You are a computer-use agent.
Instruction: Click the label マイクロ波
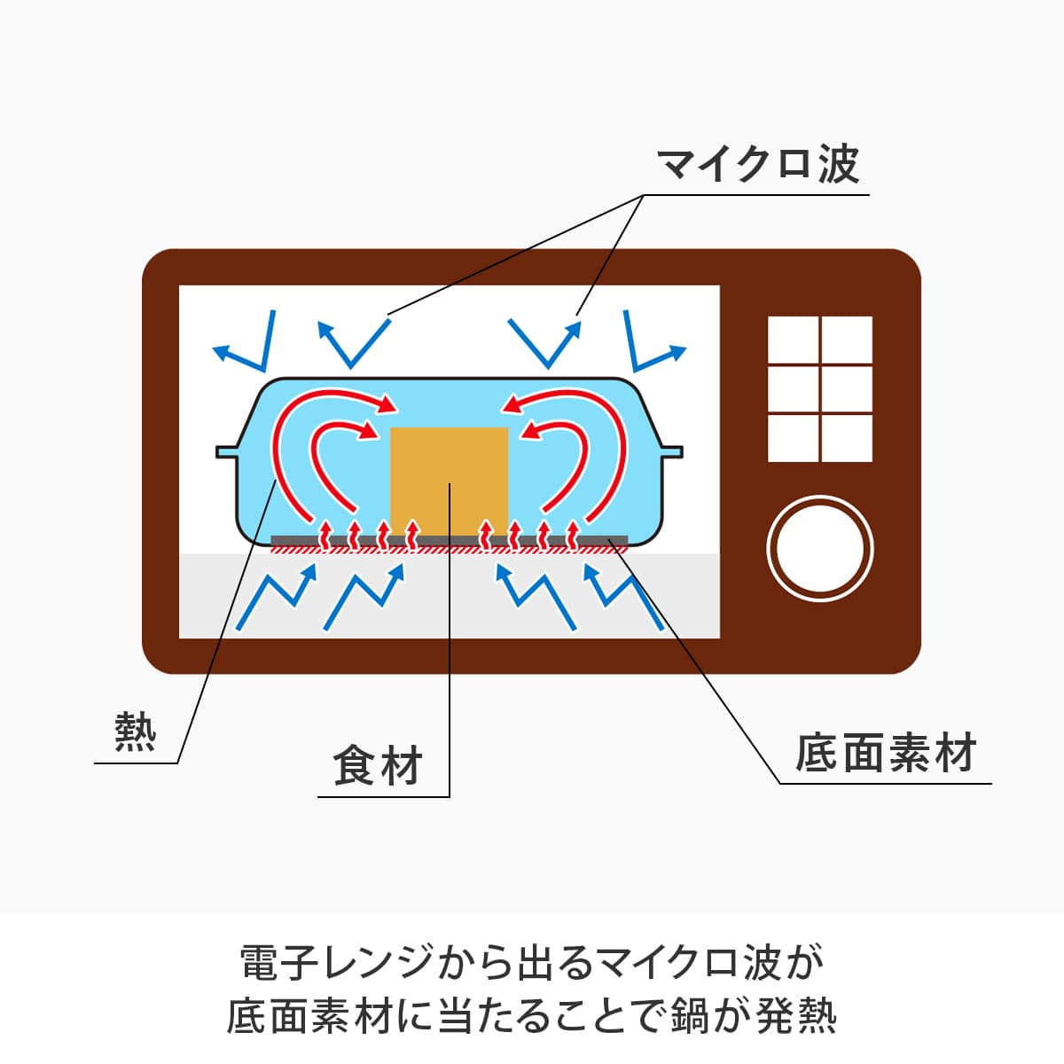[x=758, y=165]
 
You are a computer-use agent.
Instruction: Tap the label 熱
[x=136, y=732]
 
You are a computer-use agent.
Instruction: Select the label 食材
[x=378, y=765]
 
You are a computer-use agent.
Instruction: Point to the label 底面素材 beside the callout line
[x=885, y=753]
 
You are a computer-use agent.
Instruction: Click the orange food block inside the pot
[x=450, y=479]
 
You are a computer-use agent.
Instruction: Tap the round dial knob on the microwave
[x=820, y=548]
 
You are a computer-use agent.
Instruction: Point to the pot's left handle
[x=227, y=451]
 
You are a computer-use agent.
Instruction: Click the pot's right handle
[x=671, y=451]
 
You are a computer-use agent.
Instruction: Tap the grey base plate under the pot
[x=449, y=540]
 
